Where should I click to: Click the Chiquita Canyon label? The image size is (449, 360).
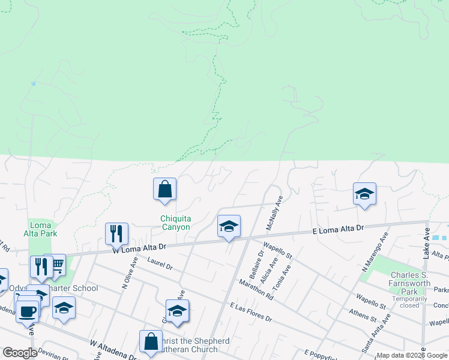(x=175, y=223)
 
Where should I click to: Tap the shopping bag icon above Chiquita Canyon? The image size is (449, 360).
(x=164, y=190)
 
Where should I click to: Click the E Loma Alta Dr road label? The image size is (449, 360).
(x=339, y=229)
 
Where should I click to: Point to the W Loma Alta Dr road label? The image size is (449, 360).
(x=139, y=247)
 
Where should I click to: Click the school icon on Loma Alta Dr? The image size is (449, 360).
(x=229, y=227)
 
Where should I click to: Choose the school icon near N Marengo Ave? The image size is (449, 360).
(x=364, y=194)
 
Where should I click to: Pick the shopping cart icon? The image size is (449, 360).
(x=56, y=265)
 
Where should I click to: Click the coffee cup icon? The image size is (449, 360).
(x=28, y=311)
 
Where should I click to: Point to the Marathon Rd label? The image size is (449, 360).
(x=256, y=289)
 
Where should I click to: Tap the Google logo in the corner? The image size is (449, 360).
(x=20, y=353)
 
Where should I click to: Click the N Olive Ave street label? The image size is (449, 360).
(x=130, y=274)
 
